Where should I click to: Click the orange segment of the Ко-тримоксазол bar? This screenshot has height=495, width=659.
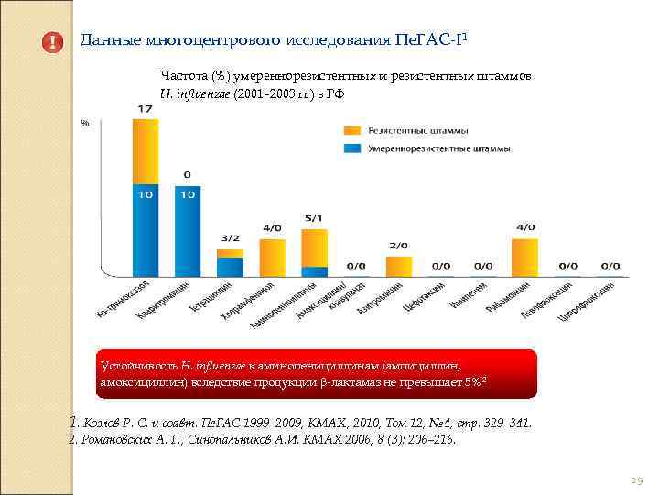click(x=146, y=150)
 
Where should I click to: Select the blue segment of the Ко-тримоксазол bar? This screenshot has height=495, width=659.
click(x=146, y=229)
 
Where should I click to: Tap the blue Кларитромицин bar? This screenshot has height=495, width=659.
click(x=188, y=229)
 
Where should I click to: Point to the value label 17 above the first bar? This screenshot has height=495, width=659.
click(x=146, y=109)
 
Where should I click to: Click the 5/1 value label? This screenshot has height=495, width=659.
click(x=314, y=218)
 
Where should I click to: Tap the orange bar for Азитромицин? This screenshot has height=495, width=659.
click(x=398, y=265)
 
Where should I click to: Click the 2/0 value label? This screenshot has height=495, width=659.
click(x=398, y=246)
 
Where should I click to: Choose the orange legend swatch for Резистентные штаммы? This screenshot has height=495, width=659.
click(x=351, y=129)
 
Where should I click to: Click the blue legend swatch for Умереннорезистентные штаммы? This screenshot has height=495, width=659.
click(x=351, y=148)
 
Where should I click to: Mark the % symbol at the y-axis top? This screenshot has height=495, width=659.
click(x=84, y=122)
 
